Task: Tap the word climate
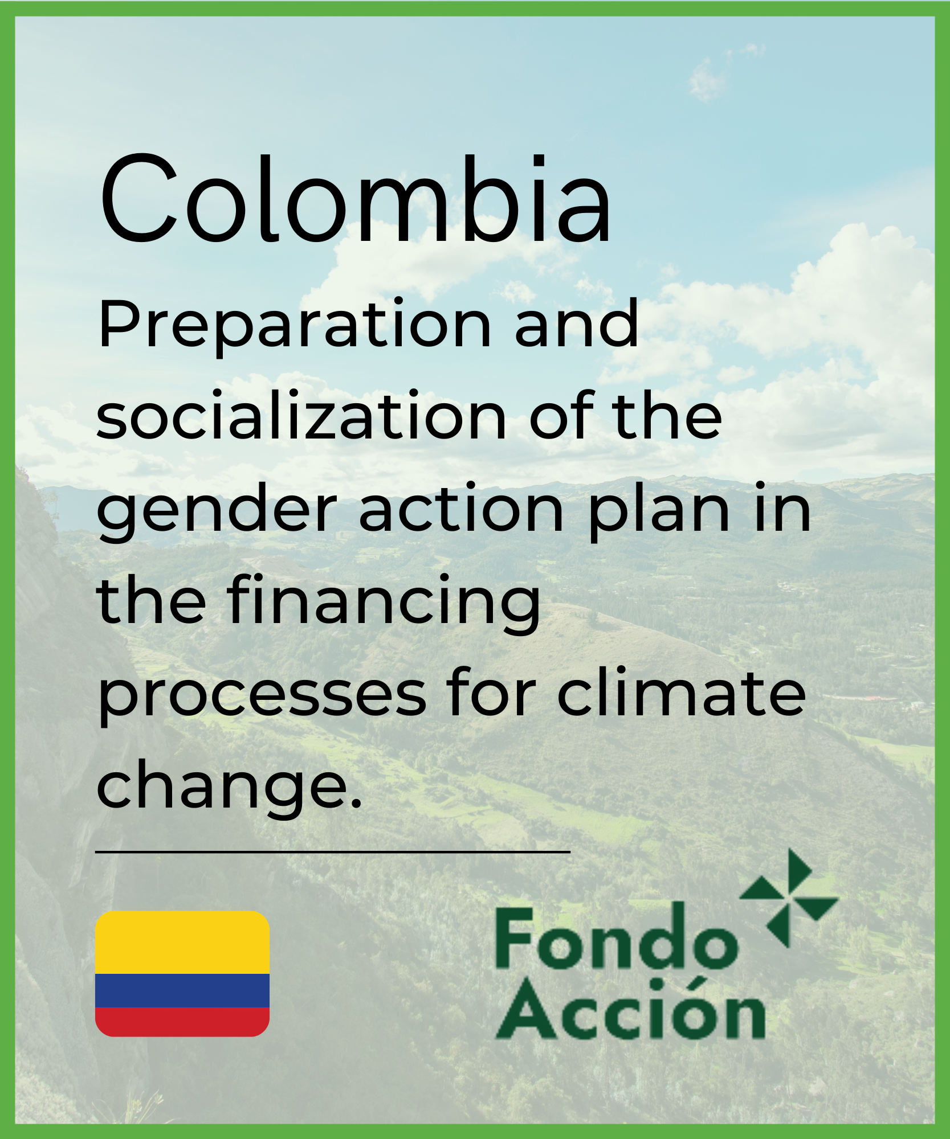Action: pyautogui.click(x=681, y=692)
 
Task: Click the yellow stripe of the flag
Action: pyautogui.click(x=182, y=943)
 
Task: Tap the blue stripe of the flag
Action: pyautogui.click(x=182, y=991)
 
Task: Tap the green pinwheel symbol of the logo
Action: pyautogui.click(x=789, y=899)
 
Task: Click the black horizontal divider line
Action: pyautogui.click(x=333, y=853)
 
